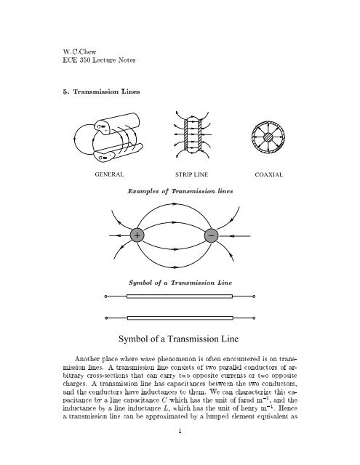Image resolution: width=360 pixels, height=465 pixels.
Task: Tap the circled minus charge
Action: click(211, 237)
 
